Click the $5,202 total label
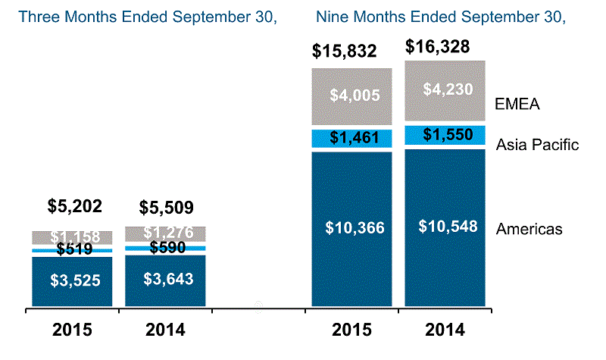pyautogui.click(x=74, y=205)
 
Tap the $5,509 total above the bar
pyautogui.click(x=167, y=206)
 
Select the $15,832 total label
pyautogui.click(x=351, y=52)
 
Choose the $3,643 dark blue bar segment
pyautogui.click(x=167, y=279)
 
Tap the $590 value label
pyautogui.click(x=167, y=246)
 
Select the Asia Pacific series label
pyautogui.click(x=538, y=144)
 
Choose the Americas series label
pyautogui.click(x=529, y=228)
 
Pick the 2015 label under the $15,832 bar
pyautogui.click(x=351, y=330)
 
